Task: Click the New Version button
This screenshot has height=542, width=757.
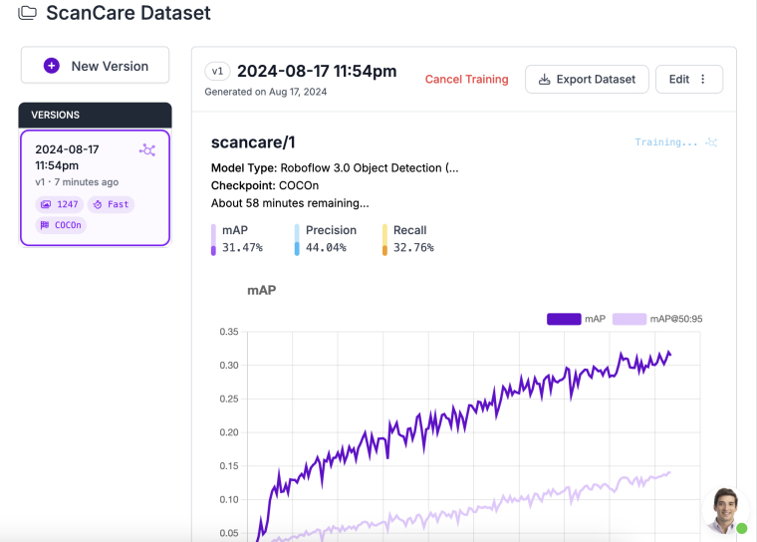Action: tap(96, 66)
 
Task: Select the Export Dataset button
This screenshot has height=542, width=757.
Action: tap(587, 80)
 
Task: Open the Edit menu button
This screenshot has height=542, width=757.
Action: tap(689, 80)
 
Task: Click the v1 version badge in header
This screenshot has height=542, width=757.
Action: tap(217, 71)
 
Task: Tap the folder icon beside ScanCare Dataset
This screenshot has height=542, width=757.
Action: tap(28, 14)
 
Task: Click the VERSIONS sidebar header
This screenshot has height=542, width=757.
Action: tap(96, 115)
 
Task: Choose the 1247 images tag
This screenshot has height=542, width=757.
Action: tap(60, 204)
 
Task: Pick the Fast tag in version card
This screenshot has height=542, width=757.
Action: tap(111, 204)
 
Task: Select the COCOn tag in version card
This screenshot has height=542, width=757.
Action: tap(62, 225)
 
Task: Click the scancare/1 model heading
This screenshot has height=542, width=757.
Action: tap(253, 142)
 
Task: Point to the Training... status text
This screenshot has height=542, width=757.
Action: tap(666, 142)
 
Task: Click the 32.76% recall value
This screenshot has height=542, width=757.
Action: tap(413, 247)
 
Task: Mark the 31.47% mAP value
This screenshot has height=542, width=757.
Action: tap(242, 247)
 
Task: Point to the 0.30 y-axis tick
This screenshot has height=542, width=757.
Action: tap(228, 366)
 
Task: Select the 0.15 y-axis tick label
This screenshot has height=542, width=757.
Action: tap(228, 466)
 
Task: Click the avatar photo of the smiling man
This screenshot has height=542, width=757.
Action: tap(726, 509)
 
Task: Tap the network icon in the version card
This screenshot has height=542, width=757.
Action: tap(147, 150)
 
